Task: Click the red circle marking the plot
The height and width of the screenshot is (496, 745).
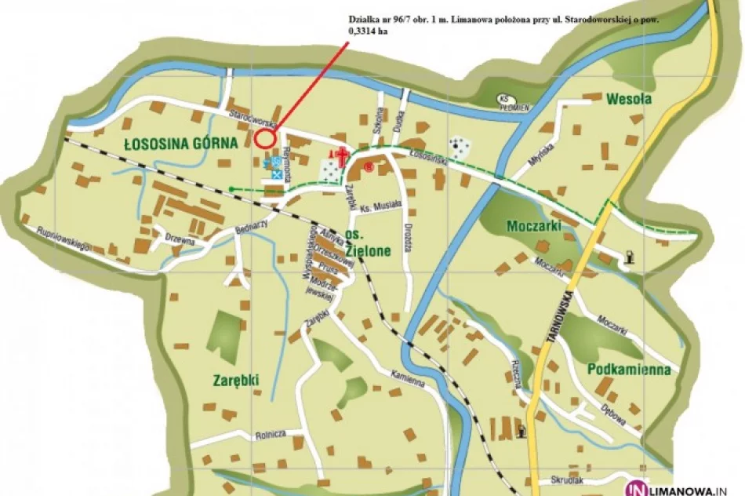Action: tap(265, 139)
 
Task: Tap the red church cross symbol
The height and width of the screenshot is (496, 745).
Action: tap(341, 154)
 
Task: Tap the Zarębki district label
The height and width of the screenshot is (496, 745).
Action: tap(235, 380)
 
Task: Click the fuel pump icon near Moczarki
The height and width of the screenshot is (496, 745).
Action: tap(630, 257)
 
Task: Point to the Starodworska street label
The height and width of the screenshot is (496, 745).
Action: tap(250, 120)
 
